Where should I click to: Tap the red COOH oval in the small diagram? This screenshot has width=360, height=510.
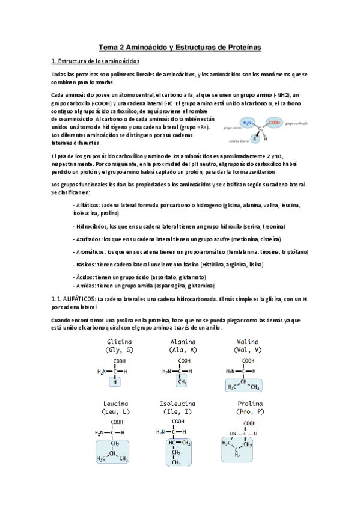pos(275,123)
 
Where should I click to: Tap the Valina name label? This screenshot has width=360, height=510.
pos(248,342)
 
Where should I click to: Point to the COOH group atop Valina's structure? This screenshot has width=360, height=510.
pos(248,361)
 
